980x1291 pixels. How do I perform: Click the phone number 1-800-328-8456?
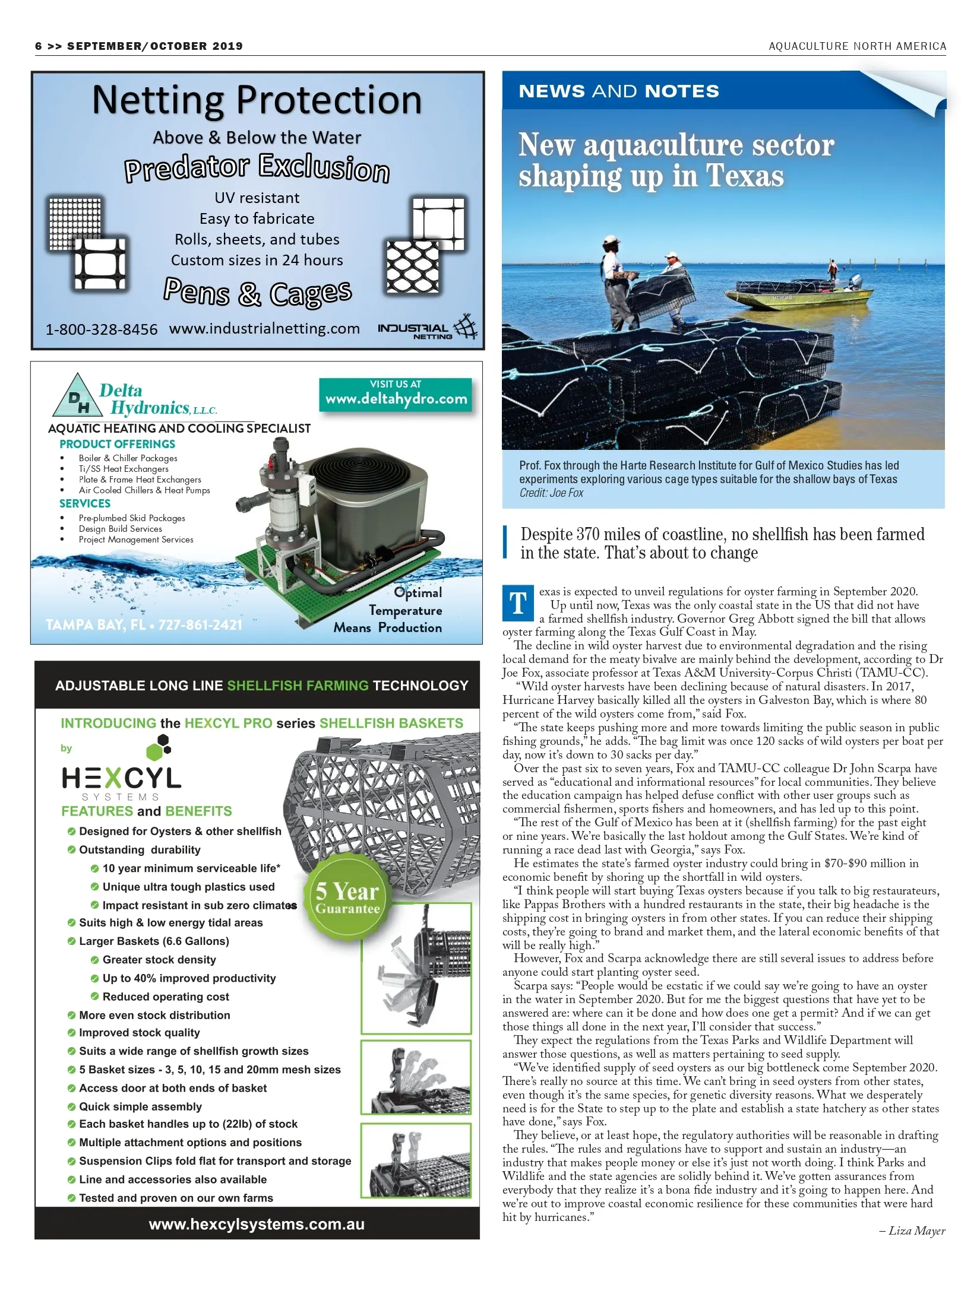pyautogui.click(x=102, y=329)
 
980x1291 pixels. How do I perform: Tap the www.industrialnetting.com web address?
pyautogui.click(x=264, y=329)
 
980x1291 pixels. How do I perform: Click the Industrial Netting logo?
pyautogui.click(x=428, y=328)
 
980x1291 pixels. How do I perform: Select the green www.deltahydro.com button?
pyautogui.click(x=396, y=394)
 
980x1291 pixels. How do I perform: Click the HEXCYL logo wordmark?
pyautogui.click(x=121, y=778)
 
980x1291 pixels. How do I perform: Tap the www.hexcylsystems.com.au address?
pyautogui.click(x=257, y=1225)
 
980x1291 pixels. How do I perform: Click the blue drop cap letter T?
pyautogui.click(x=518, y=603)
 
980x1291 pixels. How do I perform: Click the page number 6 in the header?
pyautogui.click(x=39, y=46)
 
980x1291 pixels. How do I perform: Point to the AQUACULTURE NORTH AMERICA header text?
pyautogui.click(x=857, y=46)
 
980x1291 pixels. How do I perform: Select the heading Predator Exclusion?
pyautogui.click(x=257, y=168)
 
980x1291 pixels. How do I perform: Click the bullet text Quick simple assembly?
pyautogui.click(x=140, y=1106)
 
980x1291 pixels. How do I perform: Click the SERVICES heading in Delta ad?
pyautogui.click(x=85, y=503)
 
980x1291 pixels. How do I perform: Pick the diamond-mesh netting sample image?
pyautogui.click(x=412, y=268)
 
